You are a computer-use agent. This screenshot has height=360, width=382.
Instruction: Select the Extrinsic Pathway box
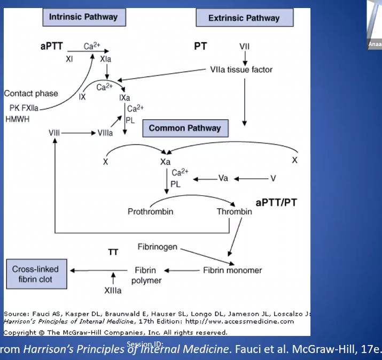(x=244, y=18)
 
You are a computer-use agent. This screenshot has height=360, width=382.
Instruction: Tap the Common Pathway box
(x=185, y=128)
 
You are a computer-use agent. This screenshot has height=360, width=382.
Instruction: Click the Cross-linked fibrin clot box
(x=35, y=274)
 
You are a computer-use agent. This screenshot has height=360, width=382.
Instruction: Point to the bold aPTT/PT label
(x=277, y=203)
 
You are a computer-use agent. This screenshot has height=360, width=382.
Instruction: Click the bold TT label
(x=113, y=252)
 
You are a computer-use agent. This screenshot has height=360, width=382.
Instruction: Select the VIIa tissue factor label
(x=242, y=70)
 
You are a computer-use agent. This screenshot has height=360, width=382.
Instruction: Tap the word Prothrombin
(x=151, y=211)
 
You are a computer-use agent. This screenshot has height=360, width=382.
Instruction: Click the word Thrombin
(x=234, y=211)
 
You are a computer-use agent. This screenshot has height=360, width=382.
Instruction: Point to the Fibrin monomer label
(x=232, y=270)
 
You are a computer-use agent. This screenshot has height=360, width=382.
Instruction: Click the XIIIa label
(x=113, y=290)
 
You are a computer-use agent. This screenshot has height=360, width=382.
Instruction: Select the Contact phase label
(x=31, y=93)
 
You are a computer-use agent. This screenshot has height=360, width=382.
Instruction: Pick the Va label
(x=223, y=178)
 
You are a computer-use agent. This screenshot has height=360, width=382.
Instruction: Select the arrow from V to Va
(x=250, y=178)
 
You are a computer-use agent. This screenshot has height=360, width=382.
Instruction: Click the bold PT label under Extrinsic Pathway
(x=200, y=46)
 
